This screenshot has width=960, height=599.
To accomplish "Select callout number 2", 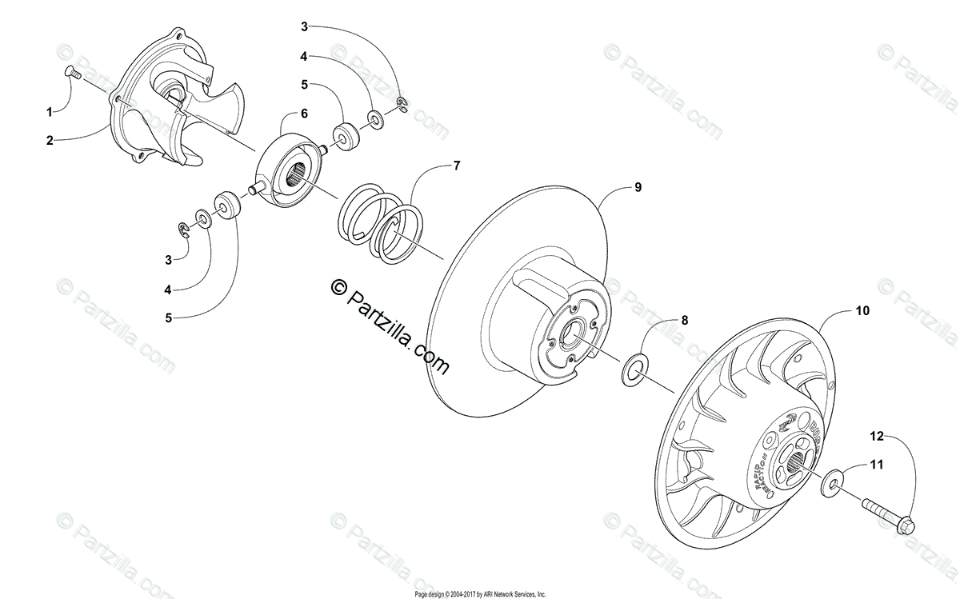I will (x=49, y=140).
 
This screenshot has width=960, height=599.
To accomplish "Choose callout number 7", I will (x=456, y=166).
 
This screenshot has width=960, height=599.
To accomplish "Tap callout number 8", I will (x=684, y=321).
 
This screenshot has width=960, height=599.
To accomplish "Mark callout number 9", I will (x=637, y=188).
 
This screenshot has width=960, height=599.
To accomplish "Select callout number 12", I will (x=878, y=436).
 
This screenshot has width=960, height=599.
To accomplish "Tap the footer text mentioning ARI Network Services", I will (x=480, y=594).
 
